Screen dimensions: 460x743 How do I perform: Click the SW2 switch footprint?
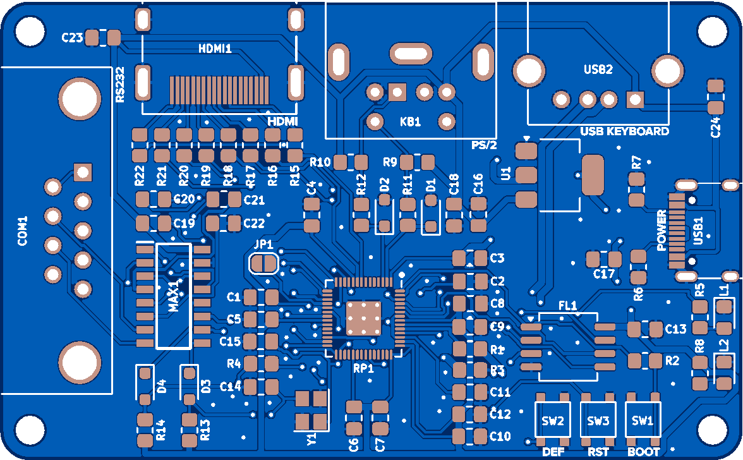click(553, 420)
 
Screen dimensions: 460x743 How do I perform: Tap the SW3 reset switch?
click(598, 420)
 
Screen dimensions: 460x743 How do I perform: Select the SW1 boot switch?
click(643, 420)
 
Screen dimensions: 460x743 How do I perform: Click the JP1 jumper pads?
click(263, 263)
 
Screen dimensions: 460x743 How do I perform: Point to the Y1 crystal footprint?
click(311, 409)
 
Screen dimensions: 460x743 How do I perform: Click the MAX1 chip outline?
click(173, 296)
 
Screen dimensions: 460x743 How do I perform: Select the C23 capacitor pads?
click(102, 37)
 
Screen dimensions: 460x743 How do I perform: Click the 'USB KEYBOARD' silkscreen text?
click(624, 131)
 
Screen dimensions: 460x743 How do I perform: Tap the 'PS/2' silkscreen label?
click(485, 145)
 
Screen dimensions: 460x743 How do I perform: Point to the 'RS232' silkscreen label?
click(120, 85)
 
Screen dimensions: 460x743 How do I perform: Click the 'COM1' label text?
click(23, 231)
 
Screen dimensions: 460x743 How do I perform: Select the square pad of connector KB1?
click(397, 92)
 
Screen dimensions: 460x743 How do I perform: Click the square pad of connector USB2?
click(634, 99)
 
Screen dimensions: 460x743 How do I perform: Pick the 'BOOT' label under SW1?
click(643, 452)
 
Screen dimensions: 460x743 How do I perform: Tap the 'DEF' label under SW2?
click(553, 452)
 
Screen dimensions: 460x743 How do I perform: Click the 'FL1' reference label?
click(568, 306)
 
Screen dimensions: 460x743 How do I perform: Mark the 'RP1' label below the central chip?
click(363, 368)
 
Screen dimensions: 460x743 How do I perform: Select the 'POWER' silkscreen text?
click(661, 231)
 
